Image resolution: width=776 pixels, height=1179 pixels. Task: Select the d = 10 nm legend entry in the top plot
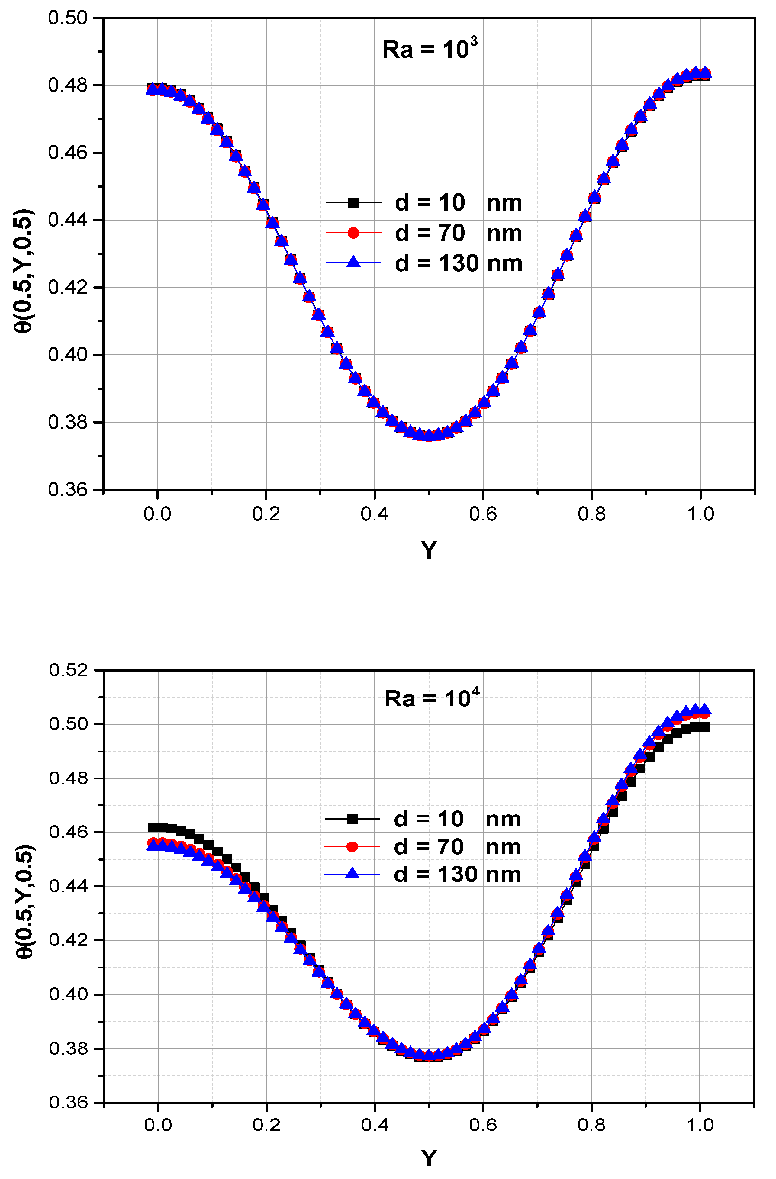458,203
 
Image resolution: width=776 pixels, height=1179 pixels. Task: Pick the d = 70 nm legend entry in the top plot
458,233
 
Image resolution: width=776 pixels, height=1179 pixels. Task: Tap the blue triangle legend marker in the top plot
353,262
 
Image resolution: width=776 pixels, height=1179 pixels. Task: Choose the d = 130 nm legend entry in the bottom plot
457,874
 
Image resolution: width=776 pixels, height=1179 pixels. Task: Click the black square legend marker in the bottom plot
352,819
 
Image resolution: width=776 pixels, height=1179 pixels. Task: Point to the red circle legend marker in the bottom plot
352,847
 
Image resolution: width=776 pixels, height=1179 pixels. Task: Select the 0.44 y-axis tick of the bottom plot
68,886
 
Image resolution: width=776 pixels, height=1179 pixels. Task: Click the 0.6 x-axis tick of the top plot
483,514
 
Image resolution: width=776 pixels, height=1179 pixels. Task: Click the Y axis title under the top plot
429,550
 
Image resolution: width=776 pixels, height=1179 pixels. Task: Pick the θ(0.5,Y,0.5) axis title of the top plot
24,272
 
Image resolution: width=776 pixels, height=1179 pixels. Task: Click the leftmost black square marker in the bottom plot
153,827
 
